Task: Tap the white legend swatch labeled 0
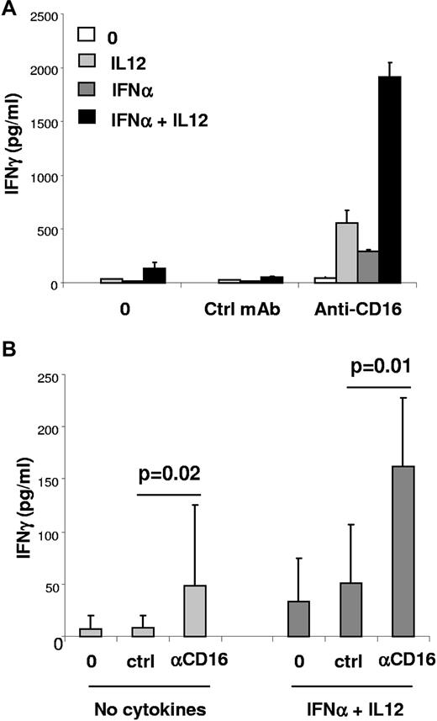(86, 35)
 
